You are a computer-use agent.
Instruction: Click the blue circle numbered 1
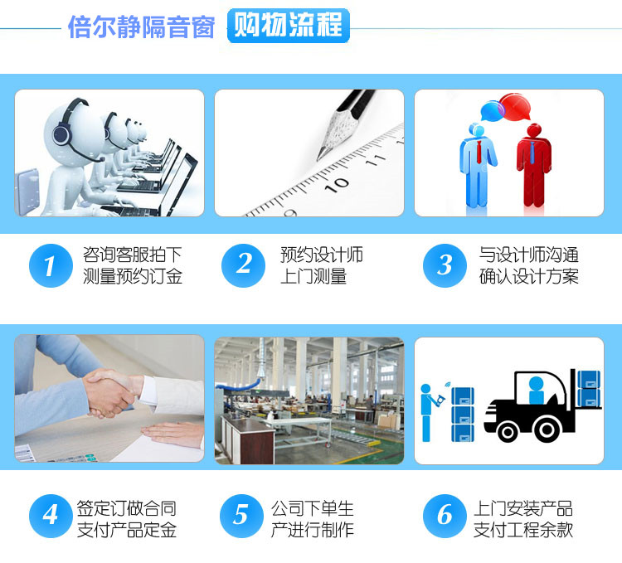click(51, 265)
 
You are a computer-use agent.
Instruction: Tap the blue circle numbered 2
click(243, 265)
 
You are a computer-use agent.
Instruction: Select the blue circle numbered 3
click(445, 265)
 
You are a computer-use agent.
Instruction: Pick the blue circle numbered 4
click(51, 516)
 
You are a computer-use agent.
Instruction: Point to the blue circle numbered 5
click(241, 516)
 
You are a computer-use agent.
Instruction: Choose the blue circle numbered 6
click(445, 516)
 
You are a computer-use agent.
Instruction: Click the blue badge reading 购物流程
click(289, 26)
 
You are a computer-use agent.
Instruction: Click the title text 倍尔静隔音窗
click(141, 27)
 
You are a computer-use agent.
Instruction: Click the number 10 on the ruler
click(337, 184)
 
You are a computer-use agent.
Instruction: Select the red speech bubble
click(515, 107)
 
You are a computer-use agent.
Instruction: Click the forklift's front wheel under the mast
click(547, 430)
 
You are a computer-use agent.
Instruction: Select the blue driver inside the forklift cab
click(536, 391)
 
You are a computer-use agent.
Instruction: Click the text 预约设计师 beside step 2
click(322, 255)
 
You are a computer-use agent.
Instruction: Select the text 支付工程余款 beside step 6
click(523, 530)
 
